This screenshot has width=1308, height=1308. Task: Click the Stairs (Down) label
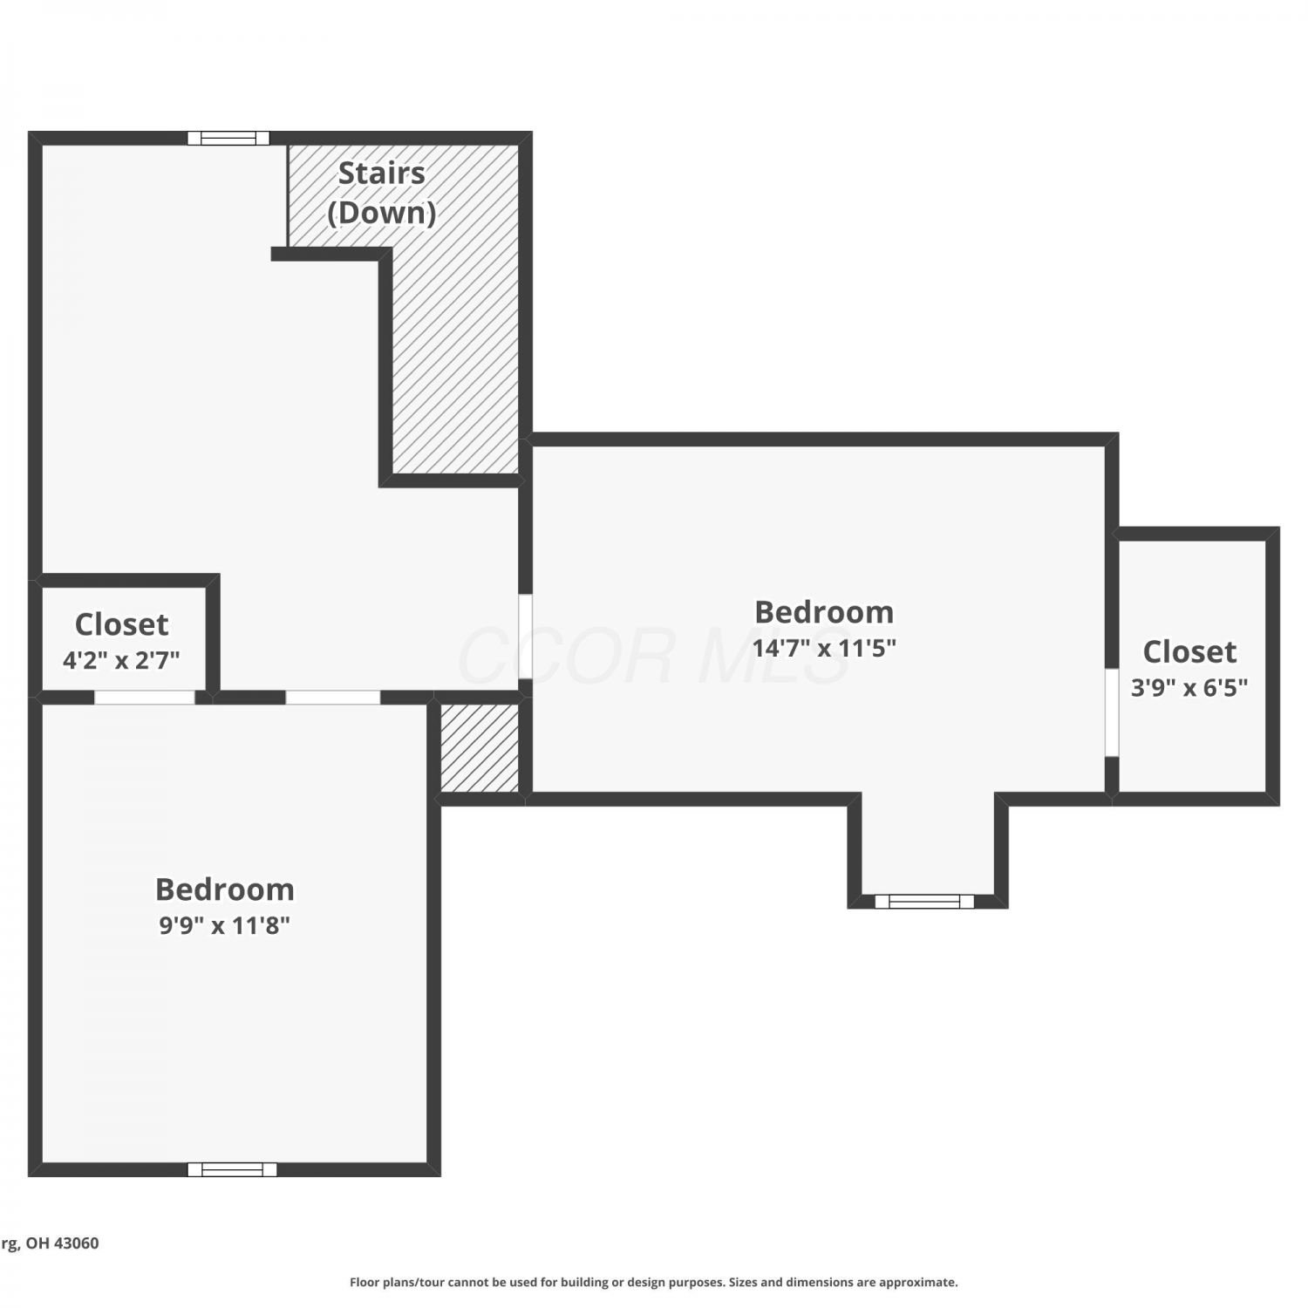[382, 193]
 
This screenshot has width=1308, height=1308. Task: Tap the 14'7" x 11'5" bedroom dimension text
[824, 648]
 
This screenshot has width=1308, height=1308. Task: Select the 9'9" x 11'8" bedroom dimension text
[224, 924]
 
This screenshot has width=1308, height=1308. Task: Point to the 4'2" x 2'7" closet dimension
[121, 660]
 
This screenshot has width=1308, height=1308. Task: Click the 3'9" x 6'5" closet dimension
[1189, 687]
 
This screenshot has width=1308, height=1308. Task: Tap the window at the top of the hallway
[228, 138]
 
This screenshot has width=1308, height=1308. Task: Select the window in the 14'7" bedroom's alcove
[924, 901]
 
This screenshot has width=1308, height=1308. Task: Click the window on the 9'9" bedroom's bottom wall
[232, 1169]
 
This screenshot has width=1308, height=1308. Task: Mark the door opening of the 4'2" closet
[145, 697]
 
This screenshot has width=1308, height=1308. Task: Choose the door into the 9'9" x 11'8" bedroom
[333, 697]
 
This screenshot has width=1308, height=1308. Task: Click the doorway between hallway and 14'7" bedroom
[525, 637]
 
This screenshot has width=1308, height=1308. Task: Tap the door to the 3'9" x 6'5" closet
[1112, 712]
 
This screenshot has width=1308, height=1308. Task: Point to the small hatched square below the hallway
[480, 747]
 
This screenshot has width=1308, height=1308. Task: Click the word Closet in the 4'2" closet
[121, 624]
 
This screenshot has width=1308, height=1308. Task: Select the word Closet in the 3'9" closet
[1189, 651]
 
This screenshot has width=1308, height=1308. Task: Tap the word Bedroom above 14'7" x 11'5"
[824, 612]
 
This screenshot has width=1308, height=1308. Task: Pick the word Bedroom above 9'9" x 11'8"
[224, 889]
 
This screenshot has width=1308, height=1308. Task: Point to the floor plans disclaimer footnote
[654, 1282]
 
